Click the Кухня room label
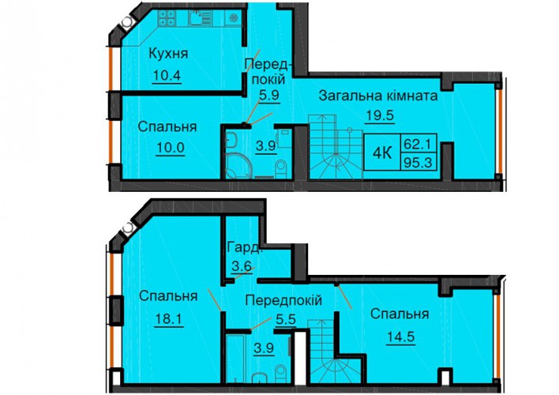(168, 54)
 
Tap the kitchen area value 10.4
(167, 76)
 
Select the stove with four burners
(167, 18)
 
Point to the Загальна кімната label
(378, 96)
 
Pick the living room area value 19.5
(379, 115)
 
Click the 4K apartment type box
(382, 152)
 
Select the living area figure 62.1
(418, 144)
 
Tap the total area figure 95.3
(418, 163)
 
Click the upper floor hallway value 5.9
(269, 96)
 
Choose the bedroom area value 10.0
(170, 148)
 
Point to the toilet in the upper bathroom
(282, 168)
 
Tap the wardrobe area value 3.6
(241, 266)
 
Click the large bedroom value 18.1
(169, 318)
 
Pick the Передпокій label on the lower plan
(283, 300)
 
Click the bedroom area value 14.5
(401, 337)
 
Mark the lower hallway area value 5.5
(286, 319)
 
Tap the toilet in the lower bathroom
(281, 373)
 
